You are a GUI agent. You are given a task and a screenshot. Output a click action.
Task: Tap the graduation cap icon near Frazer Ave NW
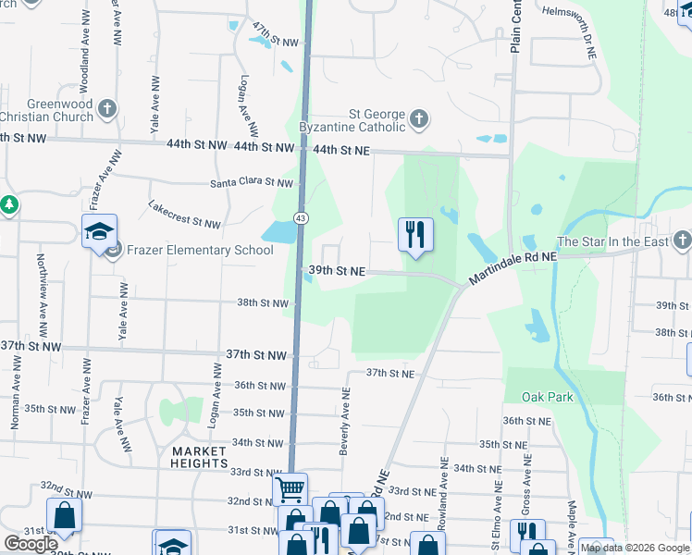point(99,232)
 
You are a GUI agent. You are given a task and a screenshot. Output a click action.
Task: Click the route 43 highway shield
point(301,217)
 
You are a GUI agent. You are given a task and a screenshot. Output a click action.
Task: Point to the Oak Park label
point(547,397)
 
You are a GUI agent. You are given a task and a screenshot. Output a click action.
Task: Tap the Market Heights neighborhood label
point(199,457)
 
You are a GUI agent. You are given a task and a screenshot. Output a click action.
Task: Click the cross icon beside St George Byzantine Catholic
point(419,118)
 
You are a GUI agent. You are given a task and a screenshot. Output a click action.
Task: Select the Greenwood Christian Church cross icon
point(107,110)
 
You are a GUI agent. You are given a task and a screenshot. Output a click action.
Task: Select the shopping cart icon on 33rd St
point(290,487)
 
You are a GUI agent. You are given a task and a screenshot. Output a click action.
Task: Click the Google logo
point(31,544)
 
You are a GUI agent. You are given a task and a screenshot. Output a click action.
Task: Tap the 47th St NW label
point(276,35)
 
